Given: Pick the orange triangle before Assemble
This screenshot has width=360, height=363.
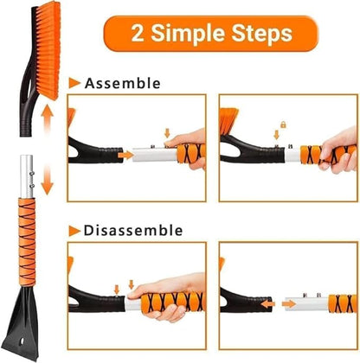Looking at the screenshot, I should click(x=74, y=83).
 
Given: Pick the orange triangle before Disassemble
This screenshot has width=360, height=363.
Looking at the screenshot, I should click(x=74, y=231).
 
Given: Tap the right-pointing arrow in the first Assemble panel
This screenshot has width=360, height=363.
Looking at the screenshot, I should click(x=127, y=156).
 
